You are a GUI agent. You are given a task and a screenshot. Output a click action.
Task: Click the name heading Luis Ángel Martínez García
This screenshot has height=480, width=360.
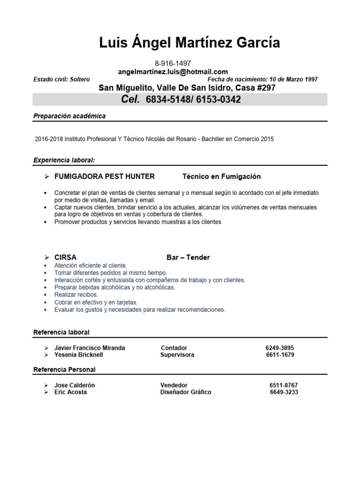point(189,43)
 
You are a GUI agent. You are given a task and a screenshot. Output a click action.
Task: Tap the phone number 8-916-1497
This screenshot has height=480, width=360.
point(172,63)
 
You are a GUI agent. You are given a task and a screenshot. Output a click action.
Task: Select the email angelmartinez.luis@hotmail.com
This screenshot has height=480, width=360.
point(173,72)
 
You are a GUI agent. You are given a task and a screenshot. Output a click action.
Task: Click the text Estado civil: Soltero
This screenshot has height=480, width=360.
point(61,80)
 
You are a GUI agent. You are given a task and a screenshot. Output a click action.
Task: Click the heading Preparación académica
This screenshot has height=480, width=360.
point(69,116)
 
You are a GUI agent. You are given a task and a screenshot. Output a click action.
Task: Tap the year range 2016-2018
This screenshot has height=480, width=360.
point(49,139)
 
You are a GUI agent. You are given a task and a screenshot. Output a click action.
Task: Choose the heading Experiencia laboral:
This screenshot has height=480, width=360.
point(64,161)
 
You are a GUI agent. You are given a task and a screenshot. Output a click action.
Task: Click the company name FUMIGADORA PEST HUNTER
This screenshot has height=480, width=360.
point(105,177)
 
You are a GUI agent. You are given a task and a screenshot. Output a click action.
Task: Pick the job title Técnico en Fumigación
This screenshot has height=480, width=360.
point(221,177)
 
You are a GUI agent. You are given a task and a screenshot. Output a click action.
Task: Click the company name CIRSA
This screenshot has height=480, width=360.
point(65,257)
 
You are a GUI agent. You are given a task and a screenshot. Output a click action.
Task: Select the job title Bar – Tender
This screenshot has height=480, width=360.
point(188,257)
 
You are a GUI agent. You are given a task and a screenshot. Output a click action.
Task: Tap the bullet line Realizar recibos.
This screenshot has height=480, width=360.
point(76,295)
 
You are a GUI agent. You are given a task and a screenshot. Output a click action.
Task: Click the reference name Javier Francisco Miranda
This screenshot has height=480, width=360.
point(90,348)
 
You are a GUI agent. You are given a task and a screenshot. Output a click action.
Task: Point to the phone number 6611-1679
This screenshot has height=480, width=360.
point(280,355)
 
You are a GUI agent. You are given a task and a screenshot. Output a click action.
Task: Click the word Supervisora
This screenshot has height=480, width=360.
point(177,355)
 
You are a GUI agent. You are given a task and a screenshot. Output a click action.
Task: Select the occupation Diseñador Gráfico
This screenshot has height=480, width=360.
point(186,392)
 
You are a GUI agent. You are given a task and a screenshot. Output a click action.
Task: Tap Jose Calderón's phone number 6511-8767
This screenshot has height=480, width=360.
point(284,385)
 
